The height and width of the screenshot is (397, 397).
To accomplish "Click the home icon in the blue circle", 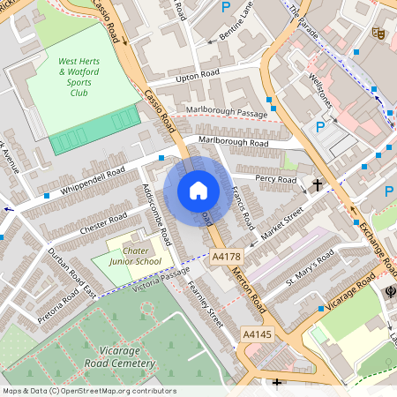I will [198, 190].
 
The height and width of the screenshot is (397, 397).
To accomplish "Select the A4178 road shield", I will [227, 257].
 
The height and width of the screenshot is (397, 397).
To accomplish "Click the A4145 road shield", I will [257, 335].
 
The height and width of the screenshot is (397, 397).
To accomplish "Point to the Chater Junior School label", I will [135, 256].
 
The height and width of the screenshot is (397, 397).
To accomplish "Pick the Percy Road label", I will [275, 179].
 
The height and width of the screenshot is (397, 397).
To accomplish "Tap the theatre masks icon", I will [378, 34].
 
